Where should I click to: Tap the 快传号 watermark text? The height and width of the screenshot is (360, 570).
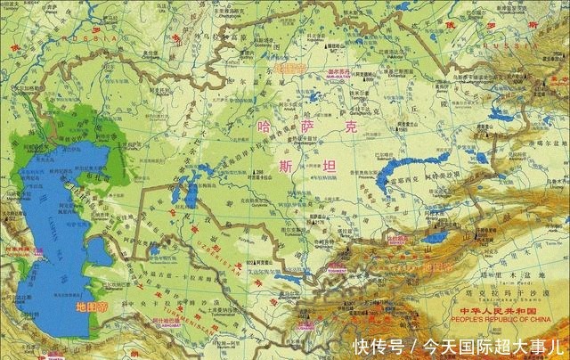tap(378, 345)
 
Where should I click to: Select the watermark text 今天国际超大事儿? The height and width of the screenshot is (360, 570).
tap(486, 345)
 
